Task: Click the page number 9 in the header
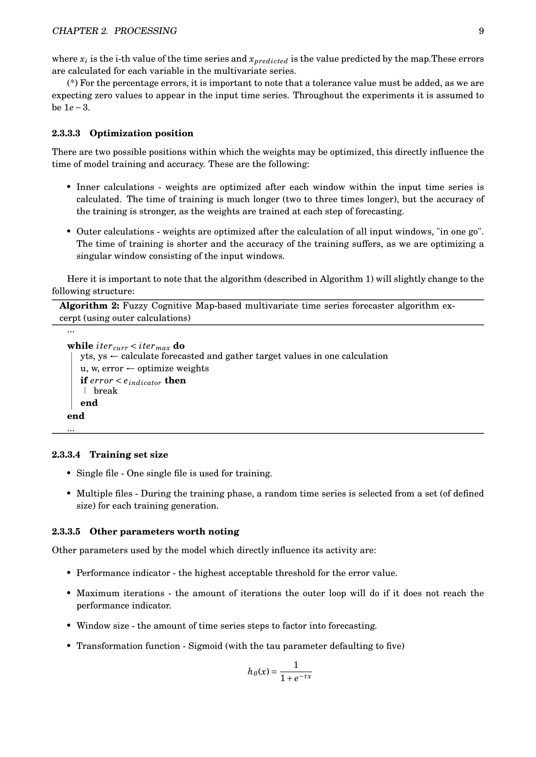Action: pyautogui.click(x=481, y=31)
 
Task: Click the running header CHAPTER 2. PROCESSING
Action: pyautogui.click(x=114, y=31)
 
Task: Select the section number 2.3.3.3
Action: pyautogui.click(x=66, y=133)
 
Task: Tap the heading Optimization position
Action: pyautogui.click(x=141, y=133)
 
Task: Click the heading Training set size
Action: pyautogui.click(x=129, y=455)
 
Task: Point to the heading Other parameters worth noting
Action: pyautogui.click(x=164, y=531)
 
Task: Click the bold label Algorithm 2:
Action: pyautogui.click(x=89, y=306)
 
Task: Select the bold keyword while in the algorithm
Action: pyautogui.click(x=80, y=346)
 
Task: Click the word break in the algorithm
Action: pyautogui.click(x=106, y=391)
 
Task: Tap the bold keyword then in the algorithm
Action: pyautogui.click(x=175, y=381)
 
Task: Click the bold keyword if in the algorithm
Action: pyautogui.click(x=84, y=381)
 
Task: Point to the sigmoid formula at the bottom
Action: pyautogui.click(x=280, y=672)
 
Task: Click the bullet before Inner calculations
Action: pyautogui.click(x=69, y=187)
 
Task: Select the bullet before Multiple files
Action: pyautogui.click(x=69, y=494)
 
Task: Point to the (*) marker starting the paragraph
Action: pyautogui.click(x=72, y=83)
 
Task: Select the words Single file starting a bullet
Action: pyautogui.click(x=97, y=473)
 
